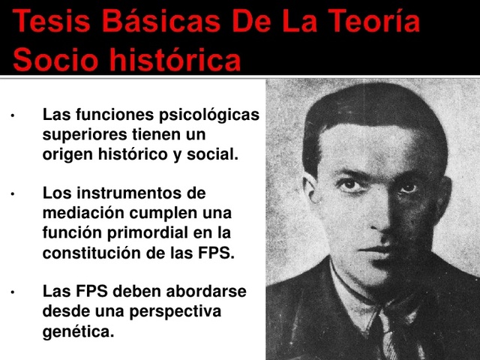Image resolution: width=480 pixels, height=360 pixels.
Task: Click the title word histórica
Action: pos(178,58)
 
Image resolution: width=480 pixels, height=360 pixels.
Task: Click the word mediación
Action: pos(82,213)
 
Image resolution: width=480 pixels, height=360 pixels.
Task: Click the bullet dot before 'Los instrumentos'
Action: pos(13,194)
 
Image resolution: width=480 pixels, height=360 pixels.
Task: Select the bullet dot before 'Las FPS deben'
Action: pos(13,292)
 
